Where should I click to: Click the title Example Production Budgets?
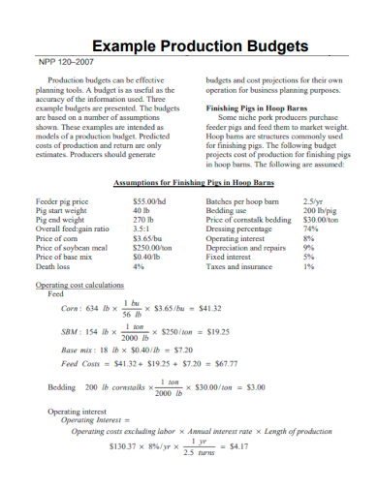click(199, 46)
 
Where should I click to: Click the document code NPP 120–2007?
click(66, 63)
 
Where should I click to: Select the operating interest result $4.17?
click(236, 446)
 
